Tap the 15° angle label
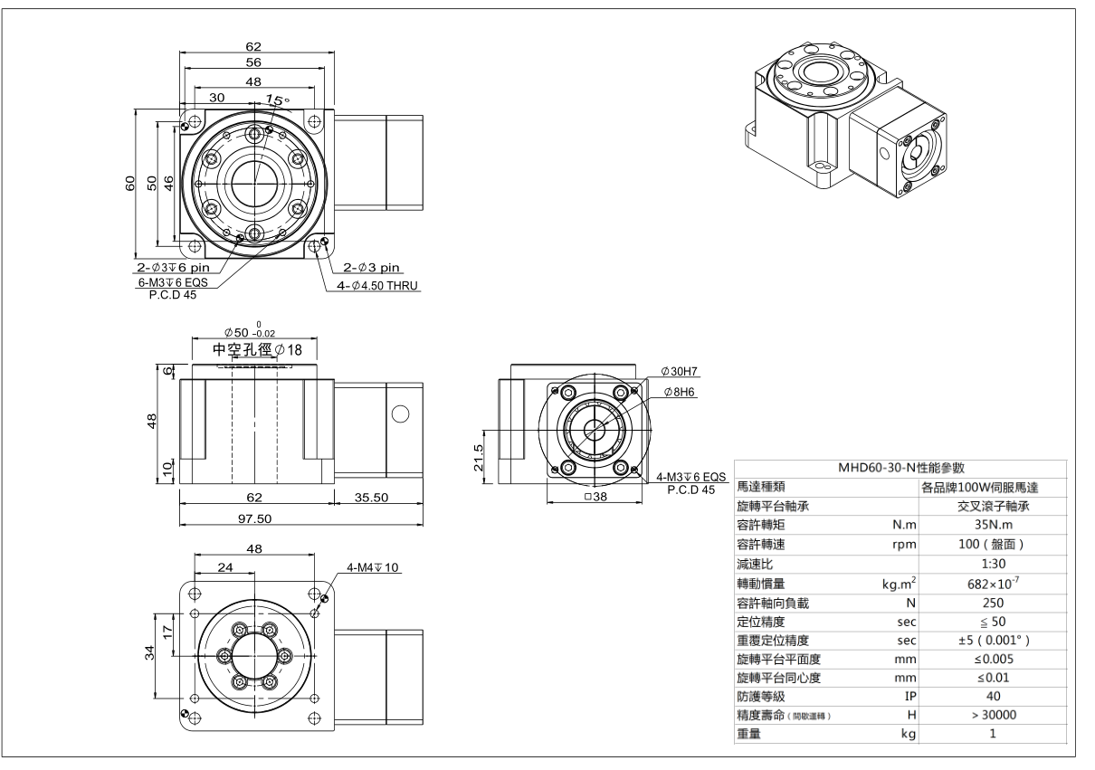click(275, 100)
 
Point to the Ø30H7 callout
click(682, 372)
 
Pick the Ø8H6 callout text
click(680, 392)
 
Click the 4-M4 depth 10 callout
click(373, 567)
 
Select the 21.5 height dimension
click(481, 452)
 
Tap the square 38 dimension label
click(595, 497)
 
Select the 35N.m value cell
click(992, 526)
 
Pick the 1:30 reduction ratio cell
click(992, 564)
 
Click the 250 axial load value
click(992, 602)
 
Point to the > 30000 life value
click(992, 716)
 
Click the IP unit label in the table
click(910, 697)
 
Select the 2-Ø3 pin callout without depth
click(372, 268)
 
